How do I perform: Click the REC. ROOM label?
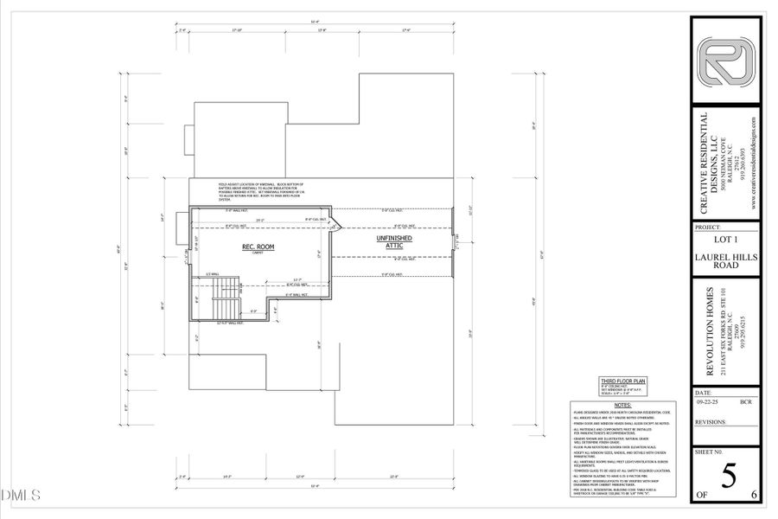point(258,247)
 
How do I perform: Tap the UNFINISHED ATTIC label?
point(393,241)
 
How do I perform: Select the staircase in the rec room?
point(223,301)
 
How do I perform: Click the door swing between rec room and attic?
point(337,225)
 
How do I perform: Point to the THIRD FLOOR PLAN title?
point(623,381)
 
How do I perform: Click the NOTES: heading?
point(622,405)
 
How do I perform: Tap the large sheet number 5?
point(728,477)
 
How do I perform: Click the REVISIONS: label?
point(711,423)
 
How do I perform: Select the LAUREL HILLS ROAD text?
point(726,263)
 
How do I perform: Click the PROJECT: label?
point(709,227)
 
